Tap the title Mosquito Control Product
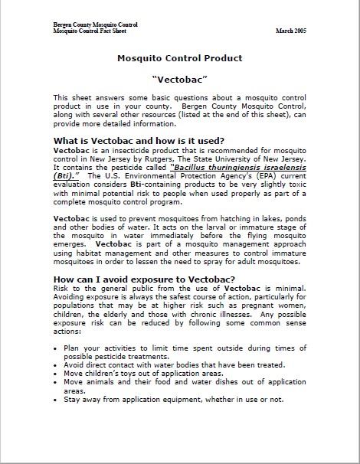(x=180, y=58)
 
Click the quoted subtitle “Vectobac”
(x=179, y=79)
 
